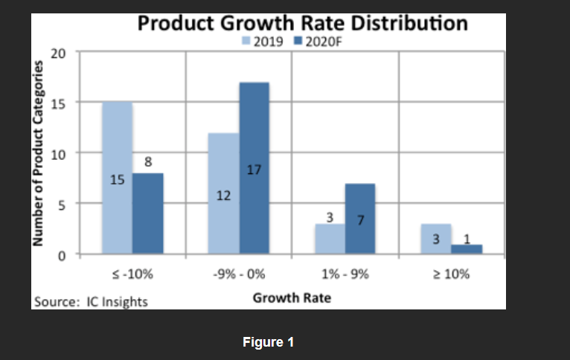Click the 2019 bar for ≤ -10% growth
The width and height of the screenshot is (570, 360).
117,178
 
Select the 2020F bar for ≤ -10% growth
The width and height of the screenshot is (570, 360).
147,213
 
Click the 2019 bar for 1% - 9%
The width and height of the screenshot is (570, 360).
330,239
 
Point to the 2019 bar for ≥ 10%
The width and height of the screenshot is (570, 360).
436,239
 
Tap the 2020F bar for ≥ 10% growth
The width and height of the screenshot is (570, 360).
467,249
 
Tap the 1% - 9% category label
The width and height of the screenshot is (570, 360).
345,273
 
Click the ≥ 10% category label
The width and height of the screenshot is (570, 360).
451,273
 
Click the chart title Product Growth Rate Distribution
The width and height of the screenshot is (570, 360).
303,22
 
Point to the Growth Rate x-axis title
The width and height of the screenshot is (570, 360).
292,298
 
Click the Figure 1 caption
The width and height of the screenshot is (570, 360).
269,342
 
